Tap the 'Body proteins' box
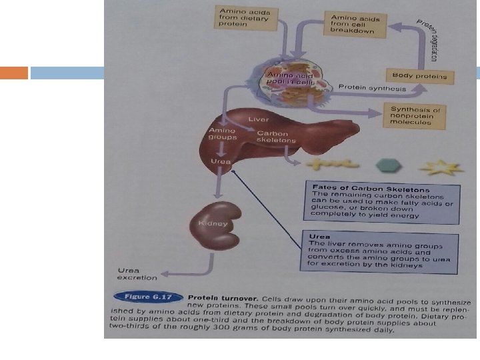419,76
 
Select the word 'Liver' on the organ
259,119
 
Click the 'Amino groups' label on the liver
223,133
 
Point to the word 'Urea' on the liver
221,161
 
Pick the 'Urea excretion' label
137,273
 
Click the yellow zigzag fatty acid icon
323,163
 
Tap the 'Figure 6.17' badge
148,297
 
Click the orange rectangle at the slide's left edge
14,73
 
